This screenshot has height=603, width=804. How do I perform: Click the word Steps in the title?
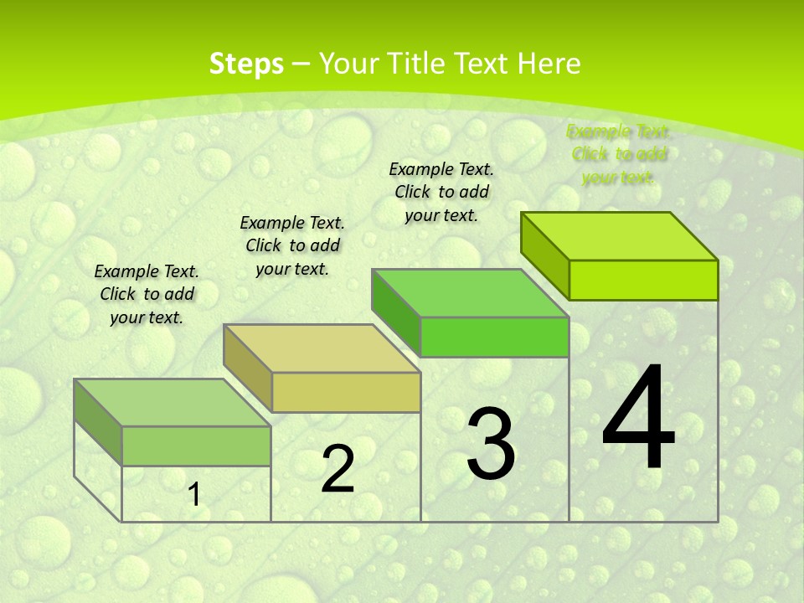(246, 64)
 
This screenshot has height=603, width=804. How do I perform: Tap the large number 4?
(638, 419)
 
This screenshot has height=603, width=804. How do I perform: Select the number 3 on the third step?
(490, 444)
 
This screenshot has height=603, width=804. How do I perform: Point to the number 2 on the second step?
(338, 469)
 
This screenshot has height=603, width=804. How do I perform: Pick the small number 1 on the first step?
(194, 495)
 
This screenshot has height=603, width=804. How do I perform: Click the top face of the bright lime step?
(620, 236)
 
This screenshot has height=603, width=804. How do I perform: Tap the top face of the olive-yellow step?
(322, 348)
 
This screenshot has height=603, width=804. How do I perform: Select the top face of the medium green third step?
(471, 293)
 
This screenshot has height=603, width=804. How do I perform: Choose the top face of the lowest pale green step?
(173, 403)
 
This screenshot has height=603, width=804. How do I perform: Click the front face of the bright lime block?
(643, 280)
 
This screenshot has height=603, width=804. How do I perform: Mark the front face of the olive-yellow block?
(346, 392)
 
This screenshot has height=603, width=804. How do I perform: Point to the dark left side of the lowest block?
(98, 422)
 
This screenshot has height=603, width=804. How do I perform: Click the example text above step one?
(147, 294)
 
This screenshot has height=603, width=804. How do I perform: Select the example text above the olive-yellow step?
(292, 245)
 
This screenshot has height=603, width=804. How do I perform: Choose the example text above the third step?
(441, 192)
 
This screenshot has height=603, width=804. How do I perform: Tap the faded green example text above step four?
(619, 154)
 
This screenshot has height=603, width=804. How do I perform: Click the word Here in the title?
(549, 64)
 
